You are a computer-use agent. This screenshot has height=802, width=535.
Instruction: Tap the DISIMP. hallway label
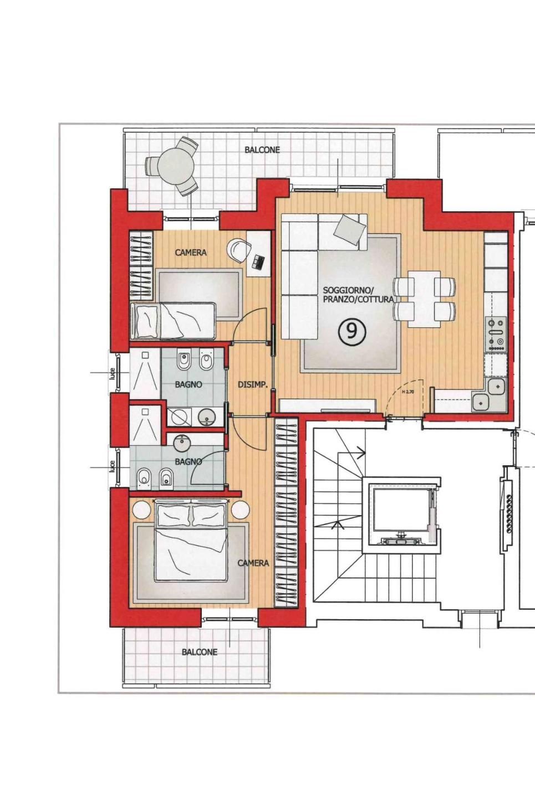[253, 385]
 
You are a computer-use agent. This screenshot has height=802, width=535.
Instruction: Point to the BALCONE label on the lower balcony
[200, 652]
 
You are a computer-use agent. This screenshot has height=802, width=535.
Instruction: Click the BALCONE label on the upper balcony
[262, 150]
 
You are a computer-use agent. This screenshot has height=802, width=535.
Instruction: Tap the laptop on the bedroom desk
[258, 261]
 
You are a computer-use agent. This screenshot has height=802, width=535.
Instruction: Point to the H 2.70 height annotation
[408, 392]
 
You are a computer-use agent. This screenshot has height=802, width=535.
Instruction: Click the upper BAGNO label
[188, 384]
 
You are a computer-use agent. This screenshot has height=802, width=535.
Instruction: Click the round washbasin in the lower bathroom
[183, 443]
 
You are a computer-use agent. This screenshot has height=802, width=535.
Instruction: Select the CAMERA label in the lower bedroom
[253, 563]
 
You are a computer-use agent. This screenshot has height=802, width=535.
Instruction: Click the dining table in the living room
[425, 299]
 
